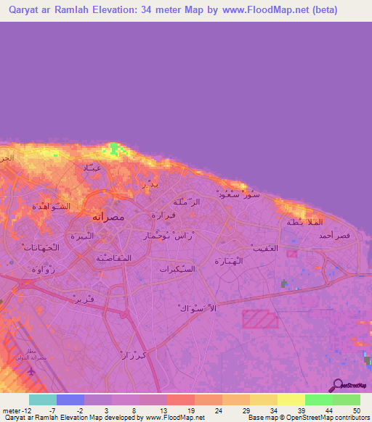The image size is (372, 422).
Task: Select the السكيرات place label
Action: (x=178, y=269)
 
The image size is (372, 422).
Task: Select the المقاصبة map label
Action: (x=112, y=257)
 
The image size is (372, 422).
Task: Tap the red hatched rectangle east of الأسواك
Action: (x=259, y=320)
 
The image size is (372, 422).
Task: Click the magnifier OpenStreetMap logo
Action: (x=336, y=386)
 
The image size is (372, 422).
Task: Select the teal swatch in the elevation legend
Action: (x=43, y=400)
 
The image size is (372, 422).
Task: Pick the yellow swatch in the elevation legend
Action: (x=291, y=400)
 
